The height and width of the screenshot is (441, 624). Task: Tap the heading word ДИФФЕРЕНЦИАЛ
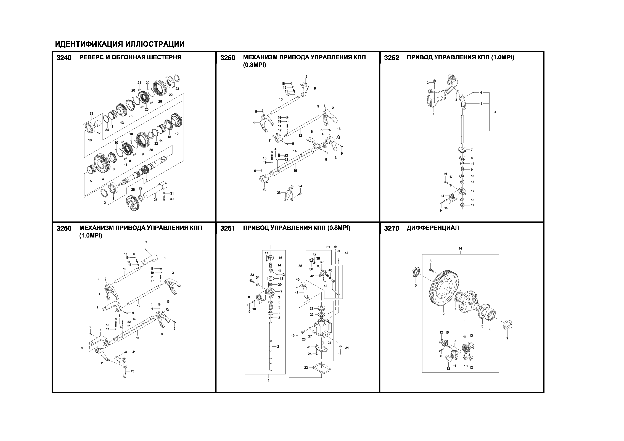pyautogui.click(x=433, y=228)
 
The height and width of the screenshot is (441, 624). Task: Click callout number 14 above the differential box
pyautogui.click(x=460, y=248)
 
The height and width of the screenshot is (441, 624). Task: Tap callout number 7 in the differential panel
pyautogui.click(x=507, y=339)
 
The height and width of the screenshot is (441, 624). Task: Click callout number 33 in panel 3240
pyautogui.click(x=91, y=113)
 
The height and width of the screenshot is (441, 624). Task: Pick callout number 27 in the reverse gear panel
pyautogui.click(x=155, y=200)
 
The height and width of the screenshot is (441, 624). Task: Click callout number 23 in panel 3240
pyautogui.click(x=177, y=89)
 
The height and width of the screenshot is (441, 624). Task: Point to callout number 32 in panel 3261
pyautogui.click(x=306, y=368)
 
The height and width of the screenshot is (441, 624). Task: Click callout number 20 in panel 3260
pyautogui.click(x=265, y=189)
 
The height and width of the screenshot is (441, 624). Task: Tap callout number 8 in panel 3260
pyautogui.click(x=306, y=77)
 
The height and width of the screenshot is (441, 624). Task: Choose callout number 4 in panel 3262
pyautogui.click(x=495, y=112)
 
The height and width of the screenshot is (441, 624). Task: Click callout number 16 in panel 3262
pyautogui.click(x=445, y=174)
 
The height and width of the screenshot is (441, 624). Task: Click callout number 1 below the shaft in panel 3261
pyautogui.click(x=269, y=380)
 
